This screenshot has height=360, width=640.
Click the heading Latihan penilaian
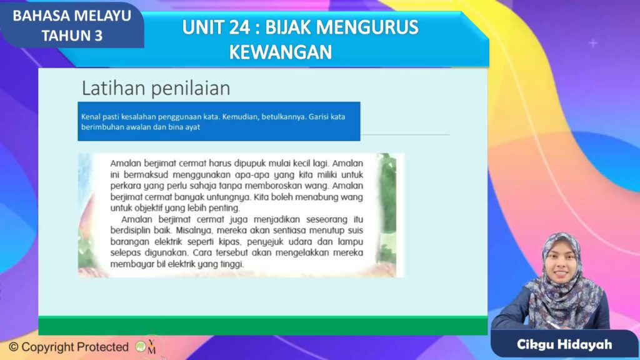click(156, 88)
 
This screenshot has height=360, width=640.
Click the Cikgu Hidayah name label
click(564, 345)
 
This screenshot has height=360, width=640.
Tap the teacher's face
click(561, 267)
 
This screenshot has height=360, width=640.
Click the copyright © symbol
click(13, 347)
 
